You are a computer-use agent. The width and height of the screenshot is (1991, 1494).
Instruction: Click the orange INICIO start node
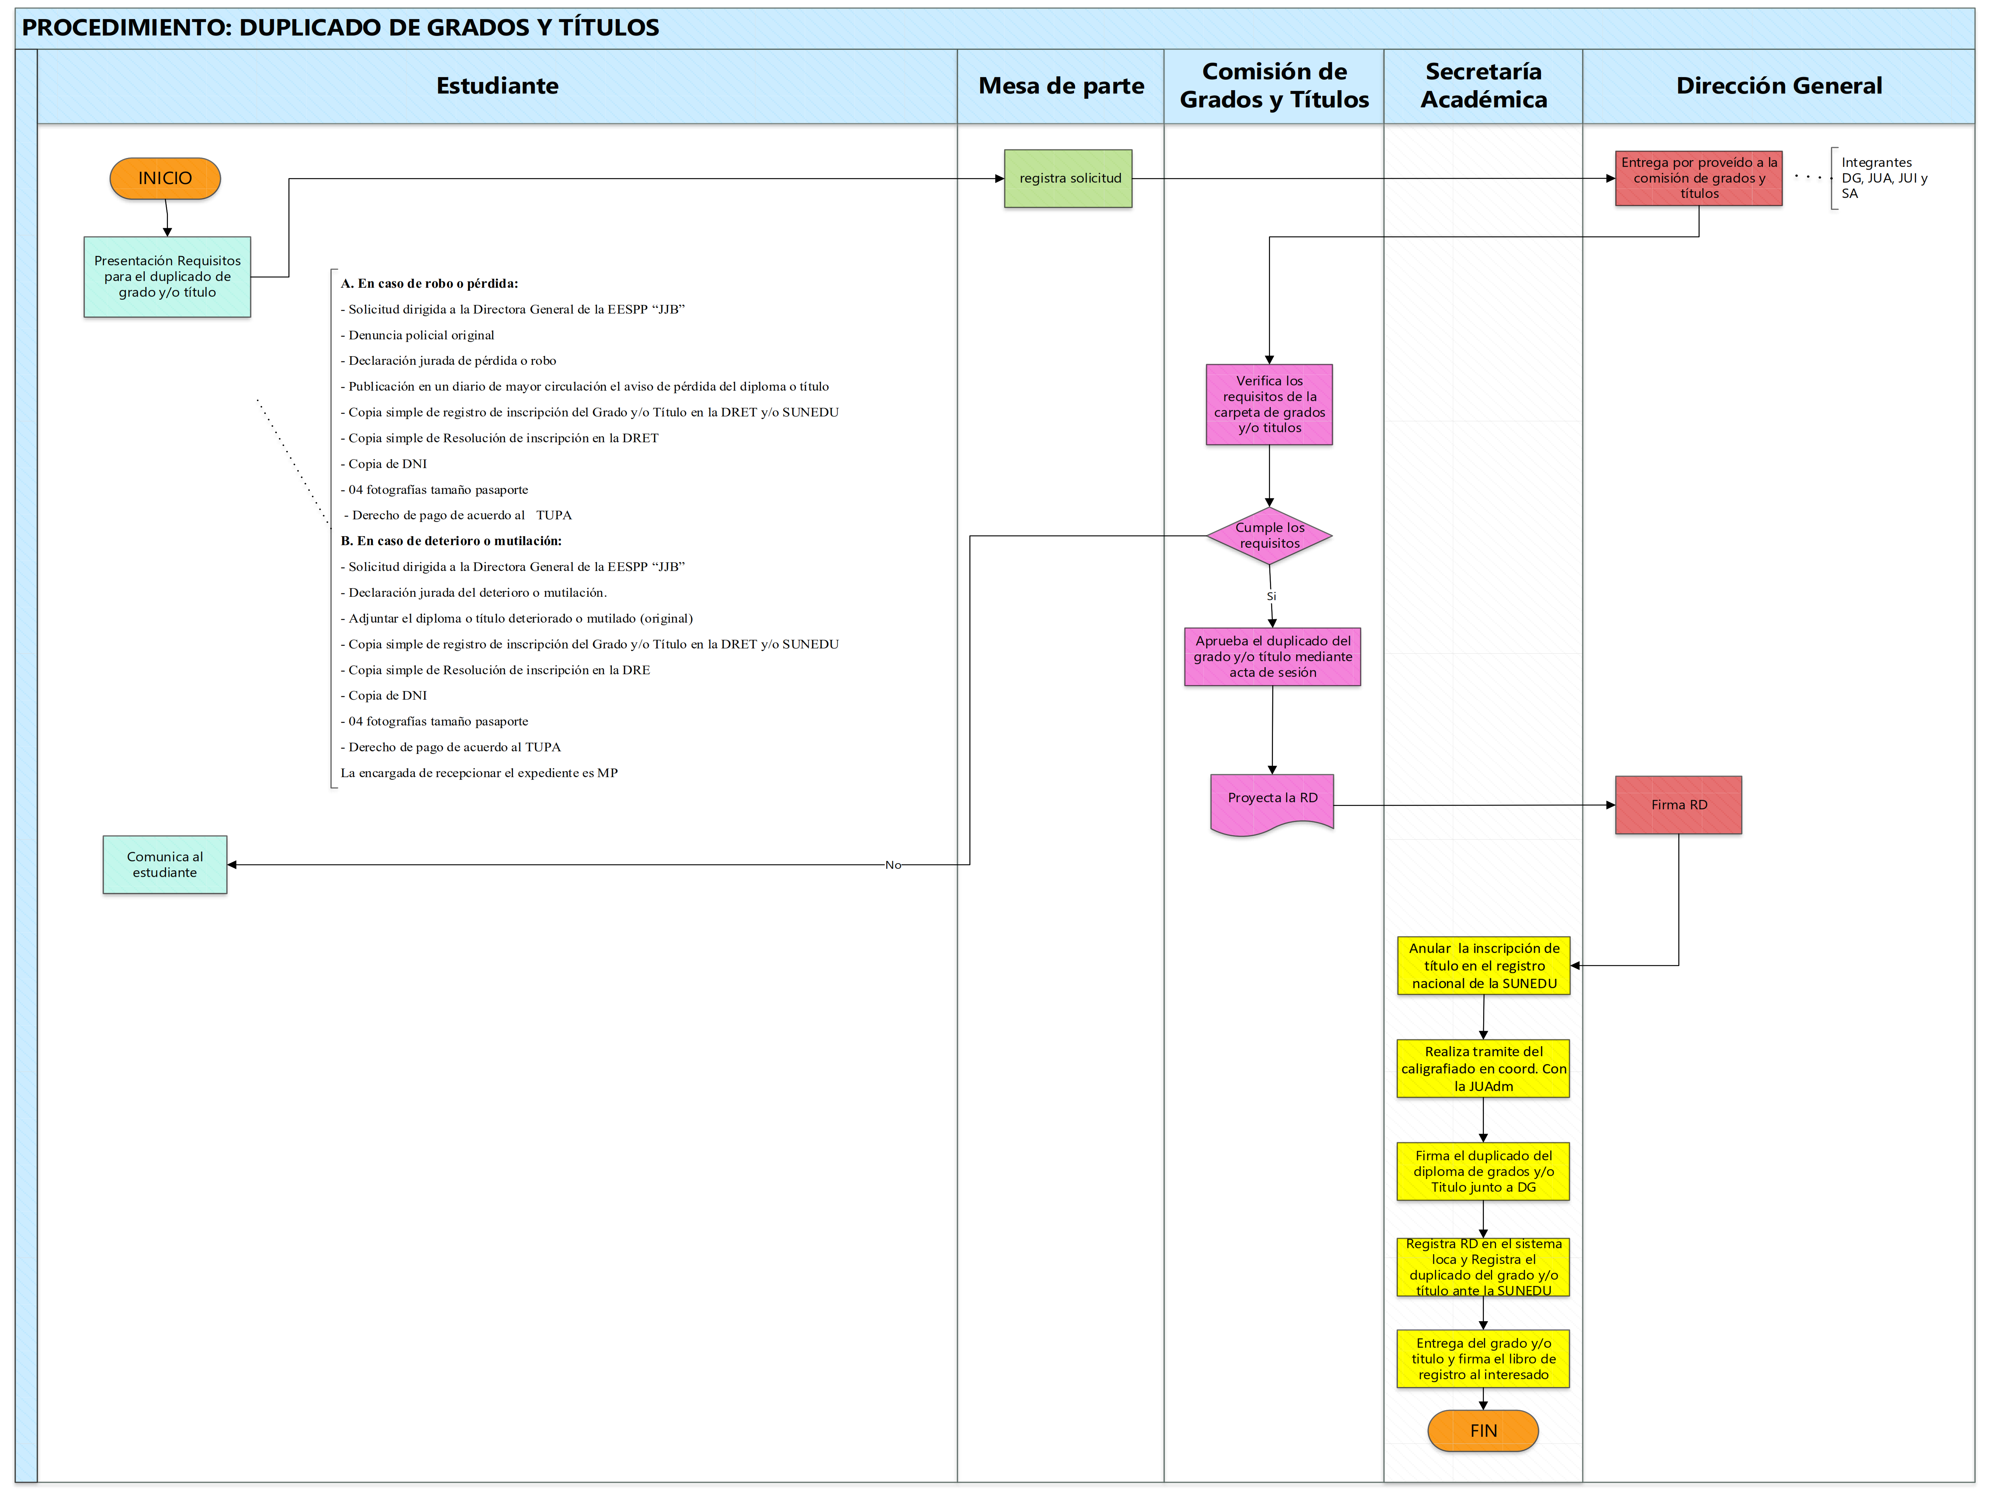click(x=165, y=178)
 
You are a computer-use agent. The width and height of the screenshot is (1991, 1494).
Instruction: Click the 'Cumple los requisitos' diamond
click(x=1269, y=536)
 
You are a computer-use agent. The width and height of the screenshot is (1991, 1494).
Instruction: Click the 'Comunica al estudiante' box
click(x=165, y=865)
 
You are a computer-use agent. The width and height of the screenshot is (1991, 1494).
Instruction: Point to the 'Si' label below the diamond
click(x=1271, y=596)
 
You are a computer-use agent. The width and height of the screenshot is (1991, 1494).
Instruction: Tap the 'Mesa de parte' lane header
click(x=1061, y=86)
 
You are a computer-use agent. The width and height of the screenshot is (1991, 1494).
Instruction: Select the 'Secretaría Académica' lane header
click(x=1484, y=86)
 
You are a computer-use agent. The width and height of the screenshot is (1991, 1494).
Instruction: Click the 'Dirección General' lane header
click(x=1779, y=86)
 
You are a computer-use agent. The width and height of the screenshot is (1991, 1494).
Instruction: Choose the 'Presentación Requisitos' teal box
click(x=168, y=277)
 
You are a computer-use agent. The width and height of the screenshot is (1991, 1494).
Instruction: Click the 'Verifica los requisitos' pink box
click(x=1269, y=404)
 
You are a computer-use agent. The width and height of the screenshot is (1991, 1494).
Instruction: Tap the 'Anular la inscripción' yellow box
click(x=1484, y=965)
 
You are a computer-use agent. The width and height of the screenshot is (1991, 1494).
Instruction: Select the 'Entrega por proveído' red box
click(x=1699, y=178)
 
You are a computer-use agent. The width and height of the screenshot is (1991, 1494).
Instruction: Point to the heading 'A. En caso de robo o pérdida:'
click(x=429, y=284)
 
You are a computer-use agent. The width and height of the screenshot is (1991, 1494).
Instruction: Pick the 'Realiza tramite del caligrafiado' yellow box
click(x=1484, y=1069)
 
